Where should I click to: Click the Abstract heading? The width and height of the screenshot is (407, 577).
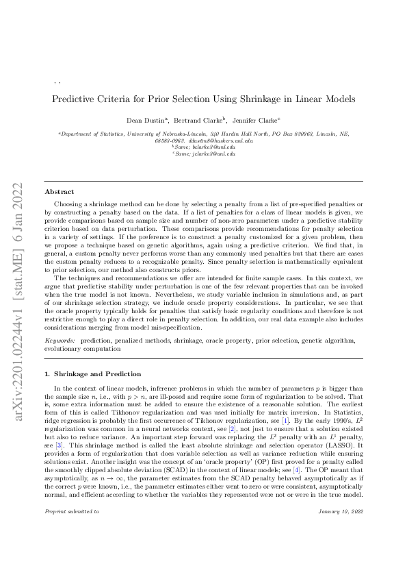[59, 192]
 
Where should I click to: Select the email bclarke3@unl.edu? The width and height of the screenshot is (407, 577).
[213, 147]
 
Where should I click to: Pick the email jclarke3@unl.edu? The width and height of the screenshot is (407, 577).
[213, 154]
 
